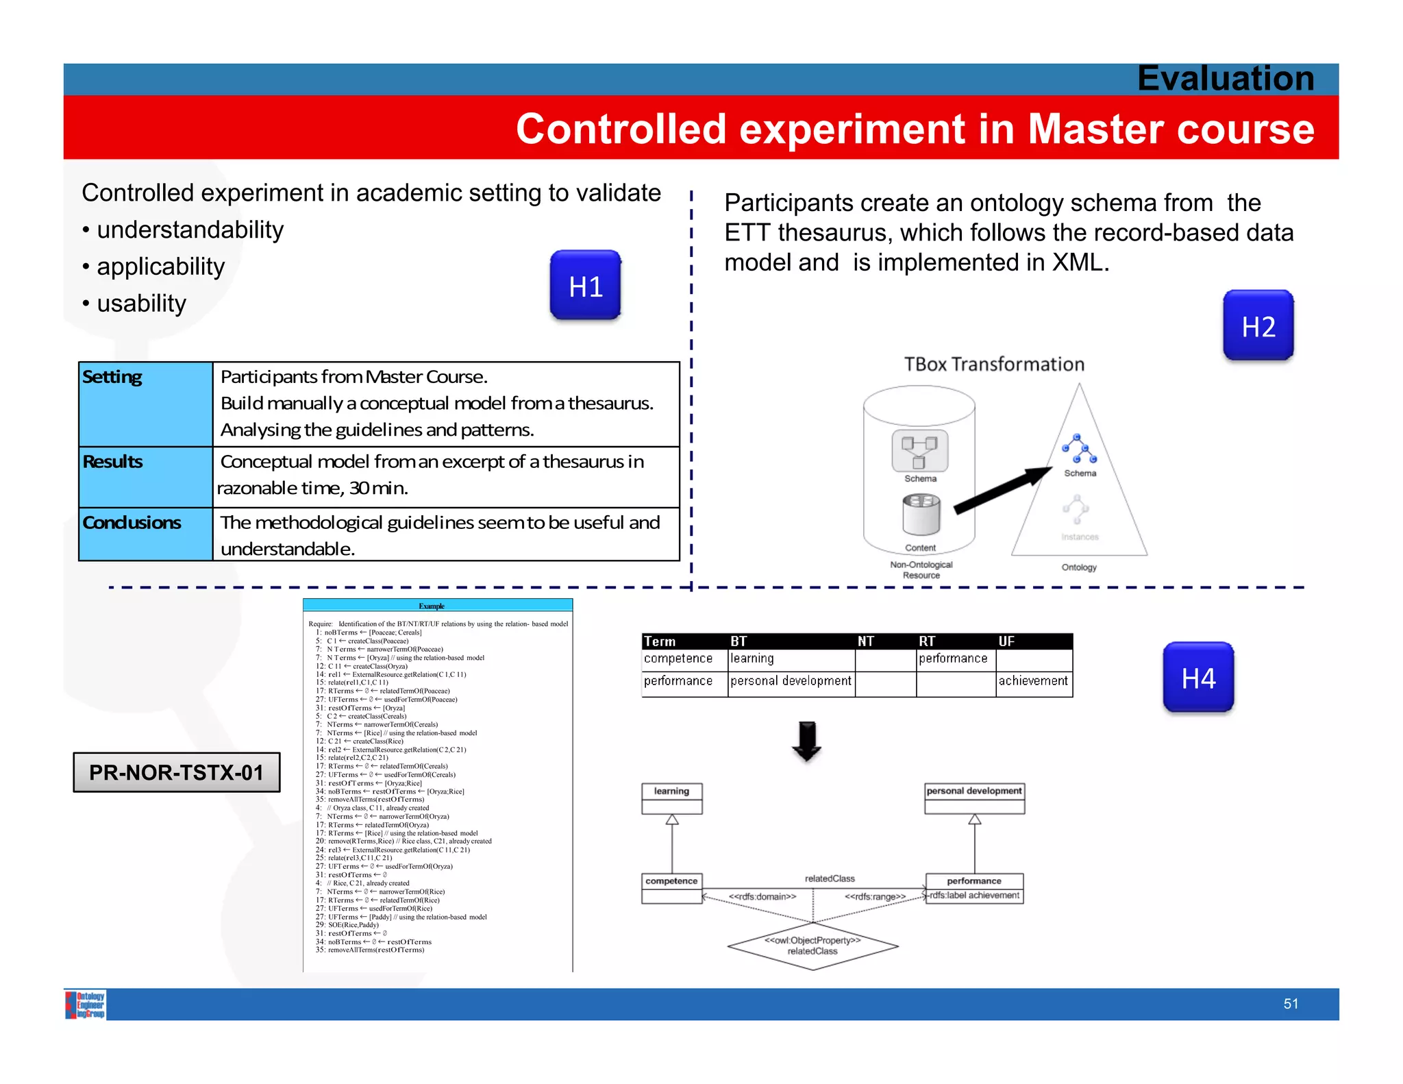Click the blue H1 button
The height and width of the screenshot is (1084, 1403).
tap(585, 285)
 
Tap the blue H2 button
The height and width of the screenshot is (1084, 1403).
tap(1258, 325)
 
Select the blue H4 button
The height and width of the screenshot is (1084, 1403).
tap(1198, 677)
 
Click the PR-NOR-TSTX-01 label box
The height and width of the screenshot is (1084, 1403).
tap(177, 772)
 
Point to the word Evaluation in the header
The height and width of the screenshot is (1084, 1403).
tap(1225, 78)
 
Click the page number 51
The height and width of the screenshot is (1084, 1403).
tap(1291, 1003)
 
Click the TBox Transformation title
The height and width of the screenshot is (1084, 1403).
tap(993, 364)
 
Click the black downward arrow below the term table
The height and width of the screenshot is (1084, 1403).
tap(807, 741)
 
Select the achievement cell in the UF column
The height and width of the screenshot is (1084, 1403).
tap(1033, 680)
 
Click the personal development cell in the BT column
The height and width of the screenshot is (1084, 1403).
tap(791, 680)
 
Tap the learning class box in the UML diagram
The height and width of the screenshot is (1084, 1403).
tap(671, 798)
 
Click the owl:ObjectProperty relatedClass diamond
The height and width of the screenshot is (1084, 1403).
tap(812, 946)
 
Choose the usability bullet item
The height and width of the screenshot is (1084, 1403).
tap(141, 303)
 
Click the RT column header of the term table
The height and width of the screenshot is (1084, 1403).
tap(927, 641)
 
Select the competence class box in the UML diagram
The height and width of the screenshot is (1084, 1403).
tap(671, 887)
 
